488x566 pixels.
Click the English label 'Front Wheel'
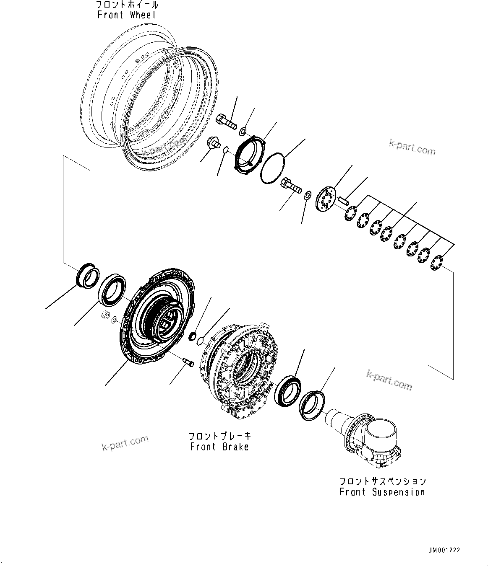point(127,15)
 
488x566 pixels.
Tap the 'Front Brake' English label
point(219,447)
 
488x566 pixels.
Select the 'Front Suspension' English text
point(382,492)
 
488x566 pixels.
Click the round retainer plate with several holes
point(326,203)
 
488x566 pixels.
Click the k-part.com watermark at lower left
point(125,443)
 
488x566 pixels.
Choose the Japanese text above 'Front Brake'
point(219,436)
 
